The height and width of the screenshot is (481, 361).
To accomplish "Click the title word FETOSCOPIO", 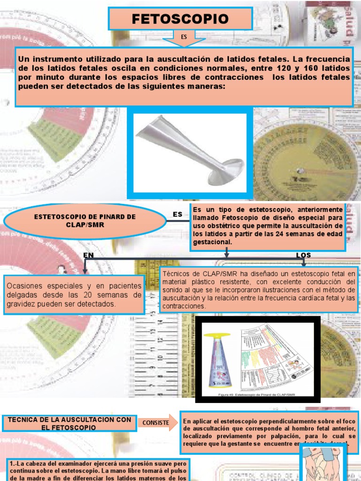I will tap(180, 19).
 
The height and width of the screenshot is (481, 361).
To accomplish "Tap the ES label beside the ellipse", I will tap(177, 215).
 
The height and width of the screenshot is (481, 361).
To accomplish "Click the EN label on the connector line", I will tap(89, 255).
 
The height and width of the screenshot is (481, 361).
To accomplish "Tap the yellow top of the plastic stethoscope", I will tap(220, 336).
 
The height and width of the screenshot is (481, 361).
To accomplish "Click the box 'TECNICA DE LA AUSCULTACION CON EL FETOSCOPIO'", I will tap(70, 423).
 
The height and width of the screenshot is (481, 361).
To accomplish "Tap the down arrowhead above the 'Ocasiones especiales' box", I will tap(85, 271).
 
